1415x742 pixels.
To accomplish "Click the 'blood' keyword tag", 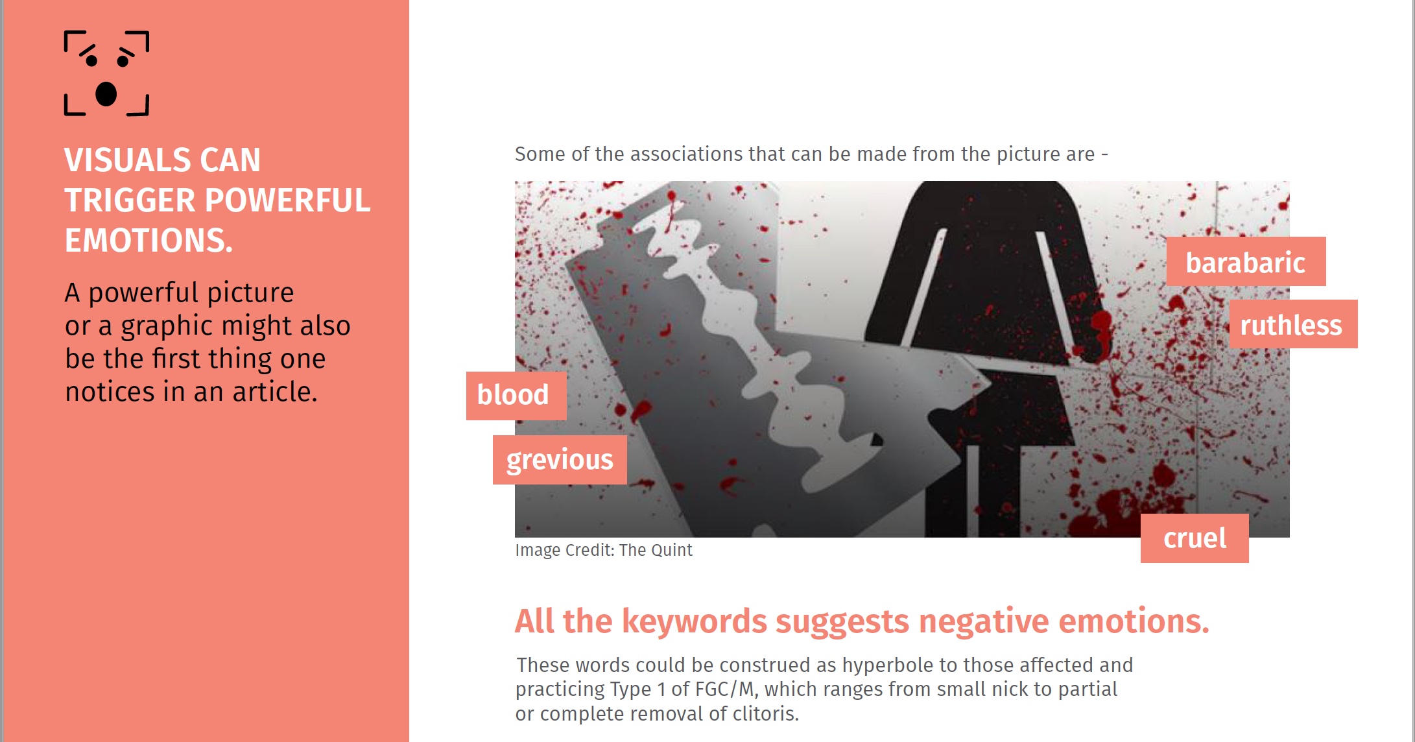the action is (516, 396).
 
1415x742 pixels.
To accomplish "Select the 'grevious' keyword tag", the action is (560, 460).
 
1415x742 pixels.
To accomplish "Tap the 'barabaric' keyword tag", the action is (1246, 261).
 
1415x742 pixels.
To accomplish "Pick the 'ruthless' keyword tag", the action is (1293, 324).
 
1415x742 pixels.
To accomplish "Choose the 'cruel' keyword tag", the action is (1195, 538).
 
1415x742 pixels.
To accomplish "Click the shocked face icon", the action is (106, 73).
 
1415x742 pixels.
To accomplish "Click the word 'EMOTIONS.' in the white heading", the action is (149, 241).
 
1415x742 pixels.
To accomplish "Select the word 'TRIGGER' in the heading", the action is (130, 200).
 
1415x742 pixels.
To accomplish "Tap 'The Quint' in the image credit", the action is (656, 550).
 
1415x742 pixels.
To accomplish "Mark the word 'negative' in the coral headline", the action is (984, 621).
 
